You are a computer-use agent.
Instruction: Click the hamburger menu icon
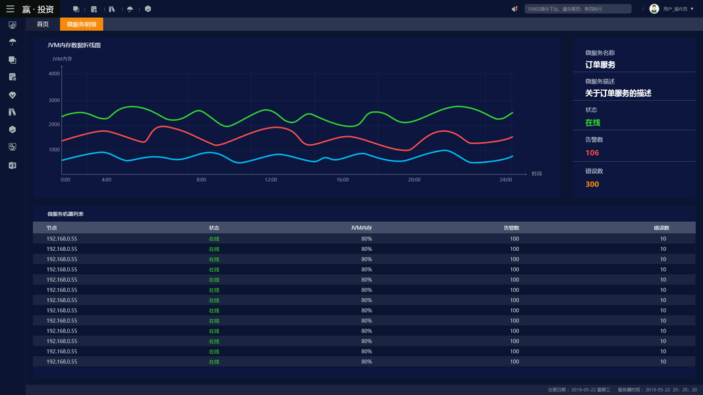pyautogui.click(x=10, y=9)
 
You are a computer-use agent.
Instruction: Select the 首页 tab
pyautogui.click(x=43, y=24)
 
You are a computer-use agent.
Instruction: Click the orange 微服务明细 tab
pyautogui.click(x=82, y=24)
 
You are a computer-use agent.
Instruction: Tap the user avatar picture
pyautogui.click(x=654, y=9)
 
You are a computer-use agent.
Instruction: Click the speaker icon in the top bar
pyautogui.click(x=515, y=9)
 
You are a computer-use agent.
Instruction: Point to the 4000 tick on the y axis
pyautogui.click(x=54, y=74)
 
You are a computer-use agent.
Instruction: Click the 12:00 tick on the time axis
pyautogui.click(x=271, y=180)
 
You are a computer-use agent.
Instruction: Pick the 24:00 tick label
pyautogui.click(x=505, y=180)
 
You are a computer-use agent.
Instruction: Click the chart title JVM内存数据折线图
pyautogui.click(x=74, y=45)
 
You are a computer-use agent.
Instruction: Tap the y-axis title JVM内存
pyautogui.click(x=62, y=59)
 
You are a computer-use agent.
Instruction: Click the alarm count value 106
pyautogui.click(x=592, y=153)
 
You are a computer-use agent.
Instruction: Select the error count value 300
pyautogui.click(x=592, y=184)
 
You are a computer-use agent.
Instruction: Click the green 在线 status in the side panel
pyautogui.click(x=592, y=122)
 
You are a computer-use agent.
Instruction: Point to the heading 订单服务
pyautogui.click(x=600, y=65)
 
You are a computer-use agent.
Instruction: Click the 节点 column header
pyautogui.click(x=51, y=228)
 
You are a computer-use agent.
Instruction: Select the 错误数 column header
pyautogui.click(x=661, y=228)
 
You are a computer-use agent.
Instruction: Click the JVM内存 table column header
pyautogui.click(x=361, y=228)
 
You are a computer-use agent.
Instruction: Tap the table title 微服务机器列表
pyautogui.click(x=65, y=214)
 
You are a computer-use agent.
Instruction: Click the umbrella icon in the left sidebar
pyautogui.click(x=13, y=42)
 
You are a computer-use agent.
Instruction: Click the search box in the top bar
pyautogui.click(x=578, y=9)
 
